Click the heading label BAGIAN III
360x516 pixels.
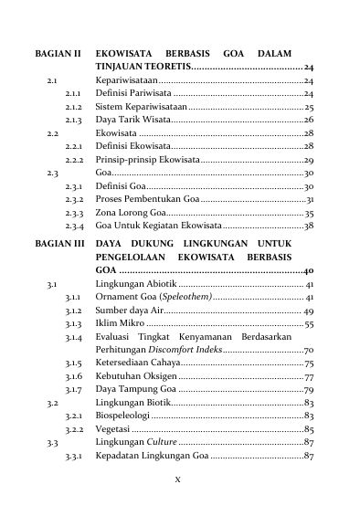(59, 245)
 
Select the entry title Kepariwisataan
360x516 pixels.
(128, 82)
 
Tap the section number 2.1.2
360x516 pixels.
(75, 107)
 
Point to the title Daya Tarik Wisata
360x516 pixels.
(131, 120)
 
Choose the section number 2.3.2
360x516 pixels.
(76, 199)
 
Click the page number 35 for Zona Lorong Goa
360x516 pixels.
(309, 212)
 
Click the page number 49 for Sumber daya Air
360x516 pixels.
(308, 311)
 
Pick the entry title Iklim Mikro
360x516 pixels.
(120, 324)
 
